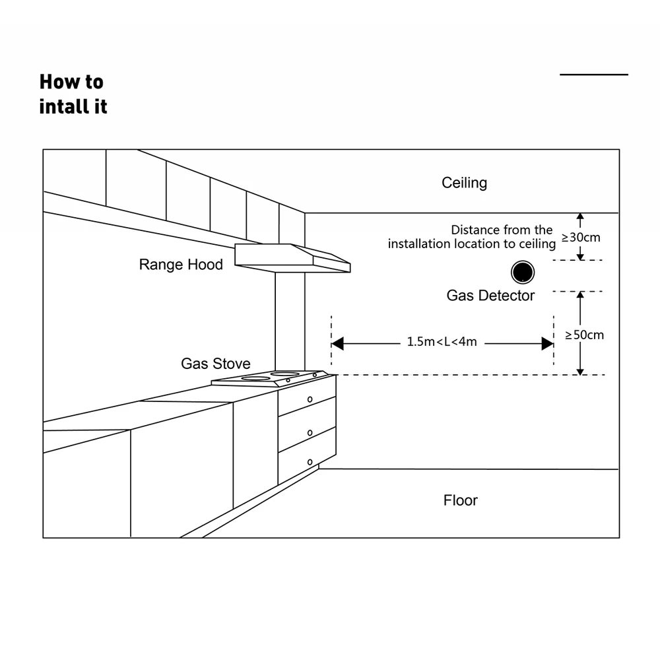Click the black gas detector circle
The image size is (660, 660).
(x=523, y=272)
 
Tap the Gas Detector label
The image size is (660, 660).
(x=490, y=296)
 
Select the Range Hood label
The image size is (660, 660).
(x=181, y=265)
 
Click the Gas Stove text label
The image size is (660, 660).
(x=216, y=364)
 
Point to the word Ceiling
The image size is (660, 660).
(x=464, y=183)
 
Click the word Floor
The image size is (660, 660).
(x=460, y=500)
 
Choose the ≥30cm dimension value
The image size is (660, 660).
(x=581, y=238)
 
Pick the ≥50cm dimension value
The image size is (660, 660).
(x=585, y=335)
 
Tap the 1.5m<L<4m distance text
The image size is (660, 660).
(x=442, y=342)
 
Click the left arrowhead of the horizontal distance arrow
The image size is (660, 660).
(x=337, y=343)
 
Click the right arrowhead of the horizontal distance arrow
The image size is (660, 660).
(x=547, y=343)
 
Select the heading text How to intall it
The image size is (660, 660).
(x=73, y=94)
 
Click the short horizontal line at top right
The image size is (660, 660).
(x=594, y=75)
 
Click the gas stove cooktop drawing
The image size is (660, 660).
(x=271, y=378)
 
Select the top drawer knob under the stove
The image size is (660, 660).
(x=310, y=399)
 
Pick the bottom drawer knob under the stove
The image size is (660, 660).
(x=310, y=461)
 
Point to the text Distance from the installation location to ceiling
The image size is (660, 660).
(x=471, y=237)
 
